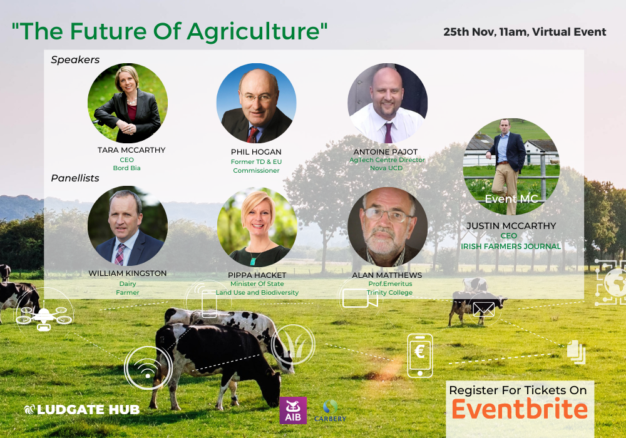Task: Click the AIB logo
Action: point(293,410)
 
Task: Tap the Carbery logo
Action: point(330,411)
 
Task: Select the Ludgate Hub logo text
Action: point(82,410)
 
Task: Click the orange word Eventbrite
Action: point(520,410)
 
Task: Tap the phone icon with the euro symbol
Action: point(420,355)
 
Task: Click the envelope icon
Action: point(484,309)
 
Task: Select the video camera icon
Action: point(360,298)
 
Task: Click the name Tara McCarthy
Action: point(131,150)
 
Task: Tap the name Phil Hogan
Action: point(256,152)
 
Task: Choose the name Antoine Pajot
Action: point(385,152)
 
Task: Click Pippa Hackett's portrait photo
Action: point(257,227)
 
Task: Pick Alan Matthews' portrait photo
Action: point(387,227)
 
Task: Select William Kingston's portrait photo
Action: point(128,225)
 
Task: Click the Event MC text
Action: point(511,198)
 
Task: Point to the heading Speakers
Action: point(75,60)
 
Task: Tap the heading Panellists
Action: point(75,178)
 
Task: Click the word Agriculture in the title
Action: point(253,32)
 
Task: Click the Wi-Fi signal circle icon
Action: point(148,367)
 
